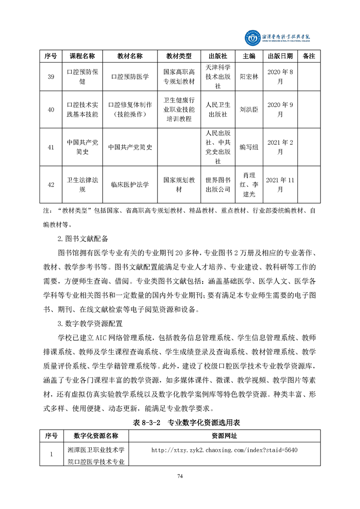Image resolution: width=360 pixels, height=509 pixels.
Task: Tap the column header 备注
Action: click(x=309, y=56)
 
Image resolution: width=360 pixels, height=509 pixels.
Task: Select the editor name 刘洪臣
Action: click(x=249, y=109)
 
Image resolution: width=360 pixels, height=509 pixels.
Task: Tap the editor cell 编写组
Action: click(x=249, y=147)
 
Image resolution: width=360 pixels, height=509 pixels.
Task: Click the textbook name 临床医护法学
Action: click(x=130, y=185)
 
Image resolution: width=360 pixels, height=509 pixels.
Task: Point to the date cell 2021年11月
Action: click(x=281, y=185)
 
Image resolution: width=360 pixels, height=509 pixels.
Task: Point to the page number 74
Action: click(x=180, y=476)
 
